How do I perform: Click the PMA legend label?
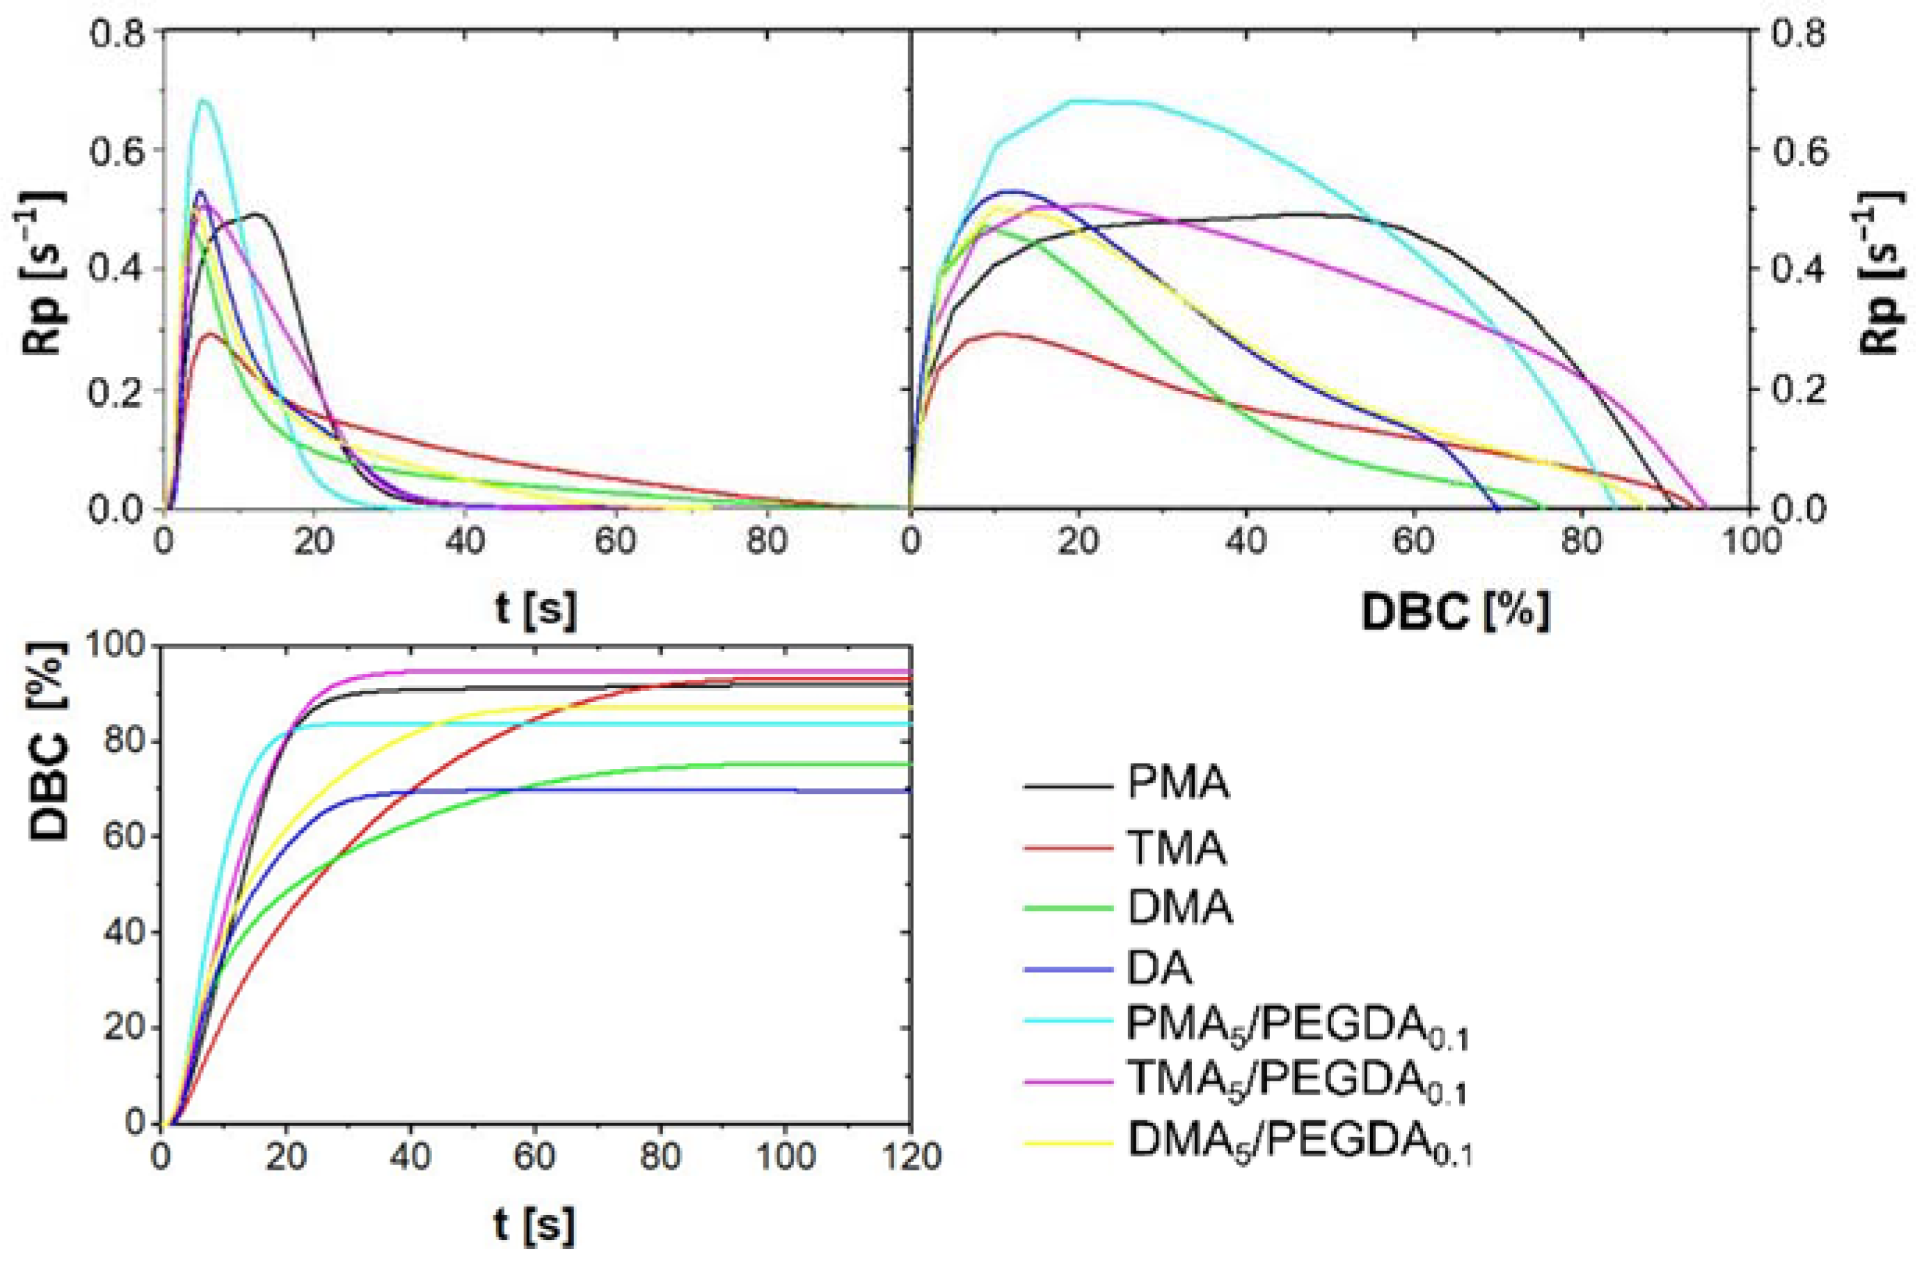point(1178,783)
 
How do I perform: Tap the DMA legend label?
point(1179,908)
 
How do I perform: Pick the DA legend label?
point(1159,969)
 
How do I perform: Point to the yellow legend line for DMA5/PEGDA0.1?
point(1067,1143)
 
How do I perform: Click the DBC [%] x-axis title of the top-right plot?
point(1455,612)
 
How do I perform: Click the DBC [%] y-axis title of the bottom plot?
point(49,742)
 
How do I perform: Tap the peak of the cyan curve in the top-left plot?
point(204,100)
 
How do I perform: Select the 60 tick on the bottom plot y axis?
point(125,836)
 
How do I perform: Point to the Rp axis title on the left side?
point(44,271)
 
